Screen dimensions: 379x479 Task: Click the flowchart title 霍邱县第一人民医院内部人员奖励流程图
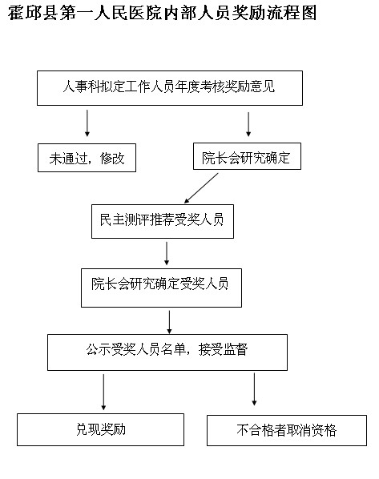pos(162,13)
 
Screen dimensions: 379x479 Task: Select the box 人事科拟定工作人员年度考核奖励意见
pos(170,88)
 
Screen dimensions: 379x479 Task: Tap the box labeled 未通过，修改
pos(87,158)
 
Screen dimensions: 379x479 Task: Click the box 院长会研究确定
pos(247,156)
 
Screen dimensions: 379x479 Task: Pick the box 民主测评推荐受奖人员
pos(163,221)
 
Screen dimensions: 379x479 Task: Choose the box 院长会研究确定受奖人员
pos(161,288)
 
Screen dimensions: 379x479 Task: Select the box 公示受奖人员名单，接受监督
pos(167,352)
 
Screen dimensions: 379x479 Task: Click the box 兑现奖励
pos(100,430)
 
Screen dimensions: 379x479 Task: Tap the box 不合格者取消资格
pos(287,430)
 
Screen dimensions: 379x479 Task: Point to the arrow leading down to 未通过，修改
pos(87,123)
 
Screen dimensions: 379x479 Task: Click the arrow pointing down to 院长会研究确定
pos(248,124)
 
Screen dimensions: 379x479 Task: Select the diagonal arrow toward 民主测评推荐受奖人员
pos(201,188)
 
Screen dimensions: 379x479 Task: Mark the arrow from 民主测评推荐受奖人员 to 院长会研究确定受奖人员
pos(167,253)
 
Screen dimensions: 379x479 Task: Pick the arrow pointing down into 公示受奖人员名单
pos(169,322)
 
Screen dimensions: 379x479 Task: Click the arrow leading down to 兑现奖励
pos(103,392)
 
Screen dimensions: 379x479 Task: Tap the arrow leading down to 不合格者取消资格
pos(254,389)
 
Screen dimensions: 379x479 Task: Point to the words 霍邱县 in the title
pos(33,13)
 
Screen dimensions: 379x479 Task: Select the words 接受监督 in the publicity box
pos(223,349)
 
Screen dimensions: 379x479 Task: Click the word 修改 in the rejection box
pos(112,159)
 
